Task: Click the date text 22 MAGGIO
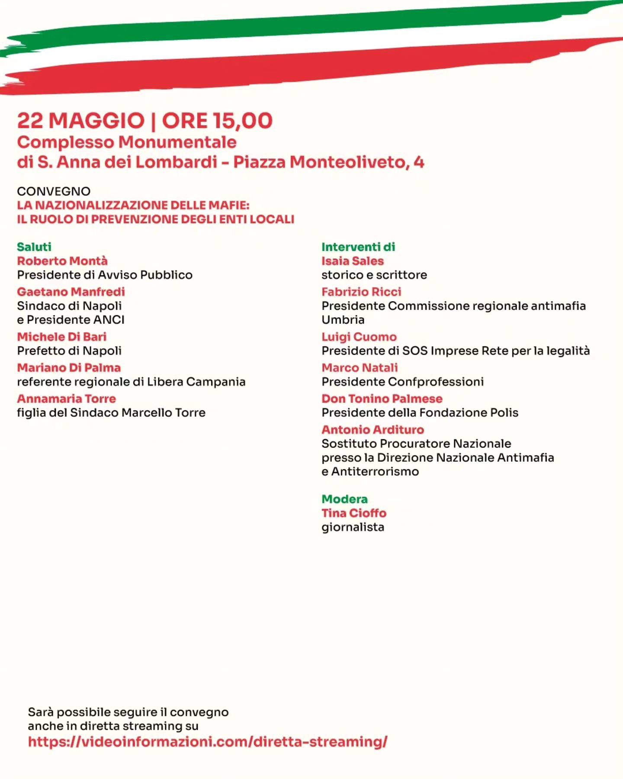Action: (80, 121)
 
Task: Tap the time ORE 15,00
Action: (217, 121)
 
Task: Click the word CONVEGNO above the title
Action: (54, 191)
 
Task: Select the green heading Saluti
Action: (34, 247)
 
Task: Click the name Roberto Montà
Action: (62, 261)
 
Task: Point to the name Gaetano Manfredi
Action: (71, 292)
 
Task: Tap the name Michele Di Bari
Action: (62, 337)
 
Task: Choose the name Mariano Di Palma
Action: (69, 368)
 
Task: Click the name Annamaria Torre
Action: (67, 399)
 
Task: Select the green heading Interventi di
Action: (358, 247)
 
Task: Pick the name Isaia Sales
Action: (353, 261)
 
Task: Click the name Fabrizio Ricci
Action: (361, 292)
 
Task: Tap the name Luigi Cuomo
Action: (359, 337)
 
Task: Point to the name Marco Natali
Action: (360, 368)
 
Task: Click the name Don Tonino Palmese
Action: (382, 399)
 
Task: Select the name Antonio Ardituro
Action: (373, 430)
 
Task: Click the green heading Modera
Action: (344, 499)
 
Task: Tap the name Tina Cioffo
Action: (354, 513)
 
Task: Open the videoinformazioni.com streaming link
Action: (208, 742)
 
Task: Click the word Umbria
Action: (343, 320)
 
